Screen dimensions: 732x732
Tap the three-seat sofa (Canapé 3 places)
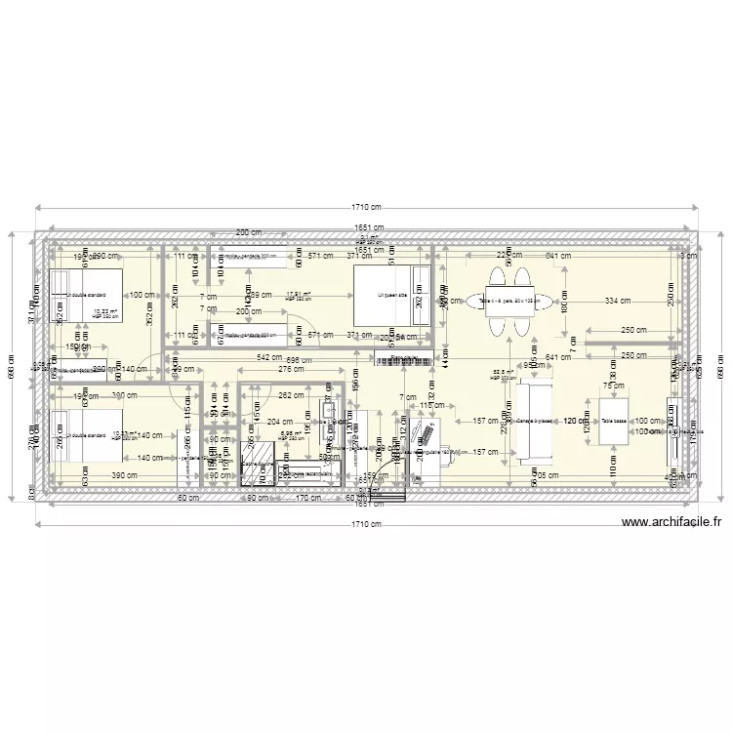pyautogui.click(x=535, y=422)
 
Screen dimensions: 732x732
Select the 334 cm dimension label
pyautogui.click(x=617, y=301)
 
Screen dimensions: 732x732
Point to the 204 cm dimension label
pyautogui.click(x=278, y=423)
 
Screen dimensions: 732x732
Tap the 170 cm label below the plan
pyautogui.click(x=308, y=498)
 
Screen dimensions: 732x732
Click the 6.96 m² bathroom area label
pyautogui.click(x=289, y=435)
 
